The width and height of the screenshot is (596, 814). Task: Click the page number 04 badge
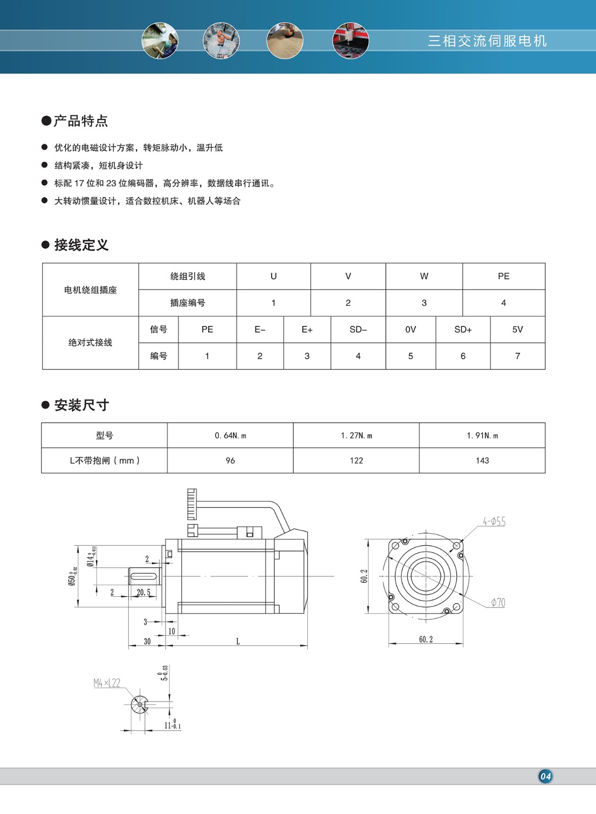click(545, 776)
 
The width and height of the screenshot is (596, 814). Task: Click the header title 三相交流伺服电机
click(487, 41)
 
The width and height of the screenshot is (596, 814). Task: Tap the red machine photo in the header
click(350, 41)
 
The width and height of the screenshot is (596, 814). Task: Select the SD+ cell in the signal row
click(463, 330)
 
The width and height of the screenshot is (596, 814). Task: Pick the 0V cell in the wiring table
click(410, 330)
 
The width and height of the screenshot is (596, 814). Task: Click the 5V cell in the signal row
click(517, 330)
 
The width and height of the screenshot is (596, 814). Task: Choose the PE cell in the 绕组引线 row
click(503, 276)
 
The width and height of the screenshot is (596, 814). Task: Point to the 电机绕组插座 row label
click(90, 290)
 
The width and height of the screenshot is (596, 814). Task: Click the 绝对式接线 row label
click(90, 343)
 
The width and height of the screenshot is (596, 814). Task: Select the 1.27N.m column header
click(356, 435)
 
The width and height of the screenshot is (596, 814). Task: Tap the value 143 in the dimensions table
click(482, 460)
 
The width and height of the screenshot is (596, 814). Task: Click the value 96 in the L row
click(230, 460)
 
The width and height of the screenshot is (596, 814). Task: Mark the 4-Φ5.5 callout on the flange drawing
click(494, 521)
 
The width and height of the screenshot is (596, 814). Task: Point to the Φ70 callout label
click(498, 603)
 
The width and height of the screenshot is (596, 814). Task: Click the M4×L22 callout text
click(107, 683)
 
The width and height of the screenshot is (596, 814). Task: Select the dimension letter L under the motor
click(238, 642)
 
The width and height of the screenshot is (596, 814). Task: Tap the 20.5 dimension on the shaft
click(144, 593)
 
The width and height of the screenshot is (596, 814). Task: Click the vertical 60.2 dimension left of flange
click(364, 576)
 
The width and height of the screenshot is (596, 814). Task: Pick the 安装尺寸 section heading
click(81, 405)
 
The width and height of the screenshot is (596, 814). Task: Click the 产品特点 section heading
click(80, 121)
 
